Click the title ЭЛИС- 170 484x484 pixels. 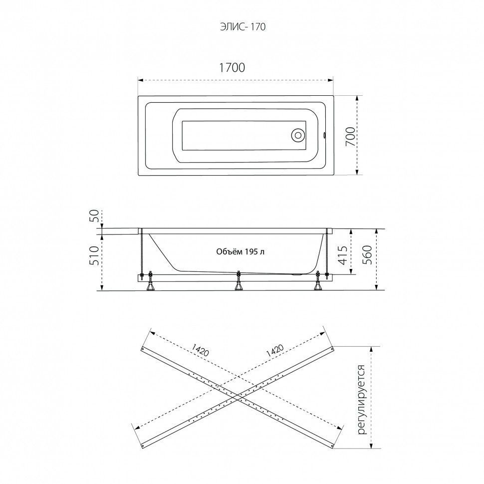pyautogui.click(x=242, y=27)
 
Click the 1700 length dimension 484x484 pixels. pyautogui.click(x=232, y=67)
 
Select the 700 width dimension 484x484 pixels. pyautogui.click(x=350, y=136)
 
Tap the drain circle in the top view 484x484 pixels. pyautogui.click(x=298, y=135)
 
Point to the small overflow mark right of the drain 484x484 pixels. pyautogui.click(x=324, y=135)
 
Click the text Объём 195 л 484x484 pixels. pyautogui.click(x=240, y=252)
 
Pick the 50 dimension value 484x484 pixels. pyautogui.click(x=95, y=216)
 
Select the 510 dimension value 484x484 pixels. pyautogui.click(x=95, y=255)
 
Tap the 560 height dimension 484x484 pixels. pyautogui.click(x=367, y=254)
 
